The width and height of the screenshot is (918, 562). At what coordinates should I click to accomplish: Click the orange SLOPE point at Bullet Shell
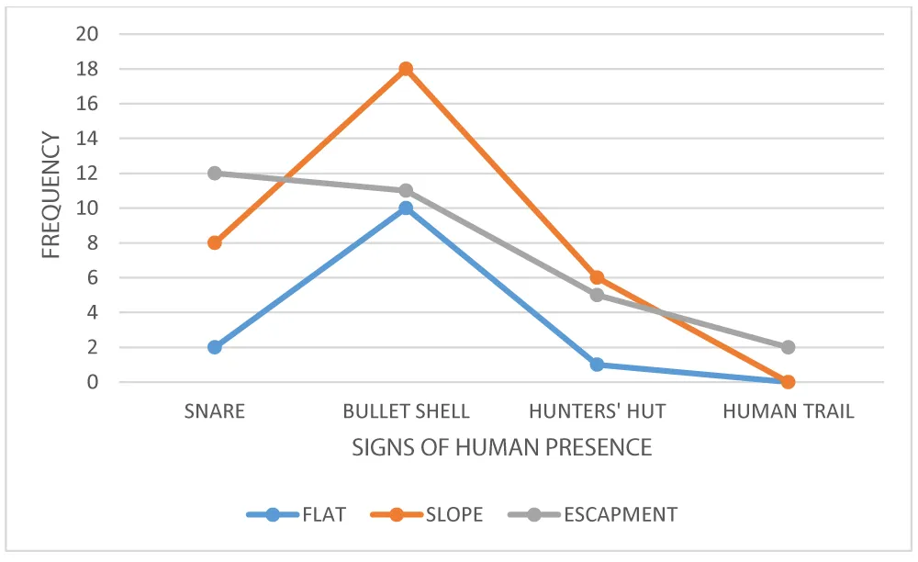(x=406, y=69)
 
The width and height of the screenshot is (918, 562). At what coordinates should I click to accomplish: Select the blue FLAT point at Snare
(x=215, y=347)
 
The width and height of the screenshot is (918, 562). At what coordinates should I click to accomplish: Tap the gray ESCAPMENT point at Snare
(x=215, y=173)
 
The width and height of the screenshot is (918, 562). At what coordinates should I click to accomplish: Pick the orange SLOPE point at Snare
(x=215, y=242)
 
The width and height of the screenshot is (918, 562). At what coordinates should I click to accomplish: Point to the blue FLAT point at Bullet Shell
(x=406, y=208)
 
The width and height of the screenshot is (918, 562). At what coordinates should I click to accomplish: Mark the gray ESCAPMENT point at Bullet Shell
(x=406, y=190)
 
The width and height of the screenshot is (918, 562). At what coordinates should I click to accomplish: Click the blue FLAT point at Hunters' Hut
(x=597, y=365)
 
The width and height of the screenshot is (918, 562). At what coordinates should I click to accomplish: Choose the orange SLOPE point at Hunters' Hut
(x=597, y=277)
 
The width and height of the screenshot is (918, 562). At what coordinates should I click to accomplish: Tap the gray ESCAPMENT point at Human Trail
(x=788, y=347)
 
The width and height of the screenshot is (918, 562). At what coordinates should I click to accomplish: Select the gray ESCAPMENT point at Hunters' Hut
(x=597, y=295)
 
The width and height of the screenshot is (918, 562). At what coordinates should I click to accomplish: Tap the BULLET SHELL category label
(x=406, y=411)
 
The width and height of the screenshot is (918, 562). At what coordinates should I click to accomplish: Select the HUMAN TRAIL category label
(x=788, y=411)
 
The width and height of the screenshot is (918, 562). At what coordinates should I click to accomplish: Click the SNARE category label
(x=215, y=411)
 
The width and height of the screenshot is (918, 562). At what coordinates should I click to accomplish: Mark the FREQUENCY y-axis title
(x=51, y=196)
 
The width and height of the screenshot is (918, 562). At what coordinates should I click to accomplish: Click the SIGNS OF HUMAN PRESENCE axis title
(x=501, y=448)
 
